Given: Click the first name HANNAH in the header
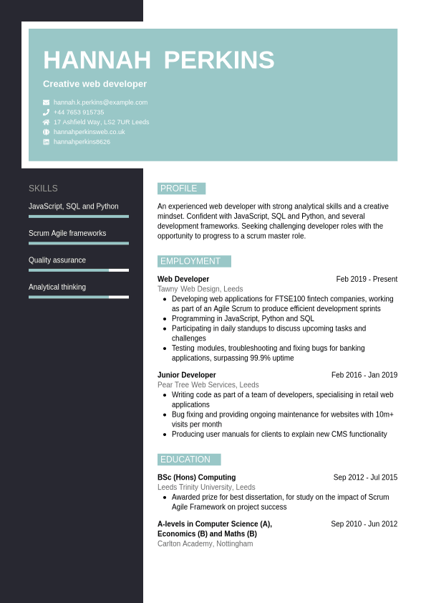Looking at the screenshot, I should coord(97,60).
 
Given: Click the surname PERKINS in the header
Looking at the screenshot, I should coord(219,60).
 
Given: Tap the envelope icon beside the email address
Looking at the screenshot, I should coord(47,103).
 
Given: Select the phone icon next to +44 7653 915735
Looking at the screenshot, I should coord(47,113).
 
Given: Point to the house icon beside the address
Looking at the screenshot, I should coord(47,122).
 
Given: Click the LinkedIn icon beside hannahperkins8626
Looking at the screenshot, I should coord(47,142).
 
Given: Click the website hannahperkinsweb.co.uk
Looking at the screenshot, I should coord(89,132).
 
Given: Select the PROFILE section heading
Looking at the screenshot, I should coord(179,189).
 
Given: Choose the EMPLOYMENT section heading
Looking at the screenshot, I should coord(191,261).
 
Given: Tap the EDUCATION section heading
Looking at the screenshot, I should coord(186,460).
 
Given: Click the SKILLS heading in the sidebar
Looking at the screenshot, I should coord(43,189).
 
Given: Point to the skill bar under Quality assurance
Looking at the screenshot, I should coord(79,270).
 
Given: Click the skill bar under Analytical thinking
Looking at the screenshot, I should coord(79,297).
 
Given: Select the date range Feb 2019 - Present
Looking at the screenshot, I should coord(367,280).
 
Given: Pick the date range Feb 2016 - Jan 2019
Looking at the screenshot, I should coord(364,375).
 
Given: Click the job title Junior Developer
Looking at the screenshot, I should coord(186,375).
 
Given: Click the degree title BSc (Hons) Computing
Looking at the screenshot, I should coord(196,478).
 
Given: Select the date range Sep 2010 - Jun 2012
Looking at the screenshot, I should coord(364,524).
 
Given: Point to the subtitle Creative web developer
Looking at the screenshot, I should coord(95,84).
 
